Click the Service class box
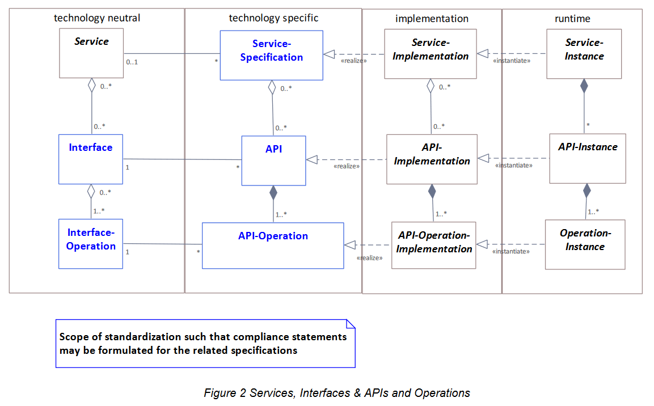click(x=91, y=54)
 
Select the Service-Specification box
click(x=271, y=55)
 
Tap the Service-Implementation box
click(x=430, y=54)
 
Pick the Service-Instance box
click(x=584, y=54)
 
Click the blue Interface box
click(x=91, y=159)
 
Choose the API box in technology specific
click(x=273, y=160)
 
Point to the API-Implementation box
click(x=432, y=159)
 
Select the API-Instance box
click(x=587, y=159)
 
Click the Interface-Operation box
click(x=91, y=244)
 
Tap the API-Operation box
click(x=273, y=246)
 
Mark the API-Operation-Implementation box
click(x=434, y=245)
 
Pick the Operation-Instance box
click(x=585, y=244)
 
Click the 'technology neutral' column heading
click(x=97, y=18)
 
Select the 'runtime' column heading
click(x=572, y=19)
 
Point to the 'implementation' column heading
click(x=432, y=19)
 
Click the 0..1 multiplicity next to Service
click(x=132, y=62)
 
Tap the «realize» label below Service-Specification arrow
click(x=353, y=61)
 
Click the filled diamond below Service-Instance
click(x=584, y=86)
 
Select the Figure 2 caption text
click(x=337, y=393)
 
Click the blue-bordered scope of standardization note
click(x=205, y=344)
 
